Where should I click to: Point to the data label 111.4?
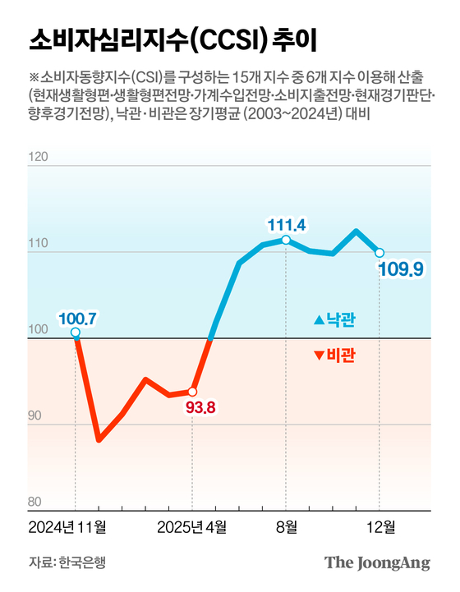(286, 223)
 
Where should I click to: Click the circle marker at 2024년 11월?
(76, 333)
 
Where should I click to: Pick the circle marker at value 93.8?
(192, 392)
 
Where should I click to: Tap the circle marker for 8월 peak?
(285, 240)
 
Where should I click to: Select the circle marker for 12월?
(379, 252)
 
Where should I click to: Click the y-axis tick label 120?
(39, 156)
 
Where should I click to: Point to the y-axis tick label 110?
(39, 244)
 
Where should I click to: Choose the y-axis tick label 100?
(39, 330)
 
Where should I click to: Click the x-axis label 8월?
(285, 525)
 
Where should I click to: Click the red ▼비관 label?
(338, 354)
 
